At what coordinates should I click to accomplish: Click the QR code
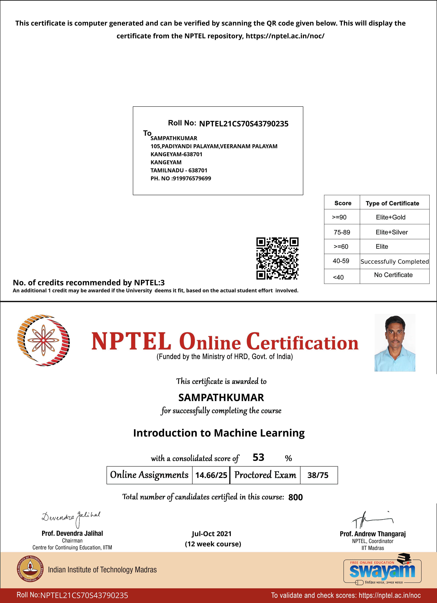click(x=277, y=258)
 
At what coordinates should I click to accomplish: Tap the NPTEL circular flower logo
click(x=43, y=340)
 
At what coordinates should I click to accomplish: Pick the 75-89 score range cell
click(x=342, y=232)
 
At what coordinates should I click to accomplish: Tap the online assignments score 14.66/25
click(x=211, y=475)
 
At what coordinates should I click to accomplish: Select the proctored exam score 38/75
click(x=318, y=475)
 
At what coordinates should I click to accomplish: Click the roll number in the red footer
click(x=84, y=595)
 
